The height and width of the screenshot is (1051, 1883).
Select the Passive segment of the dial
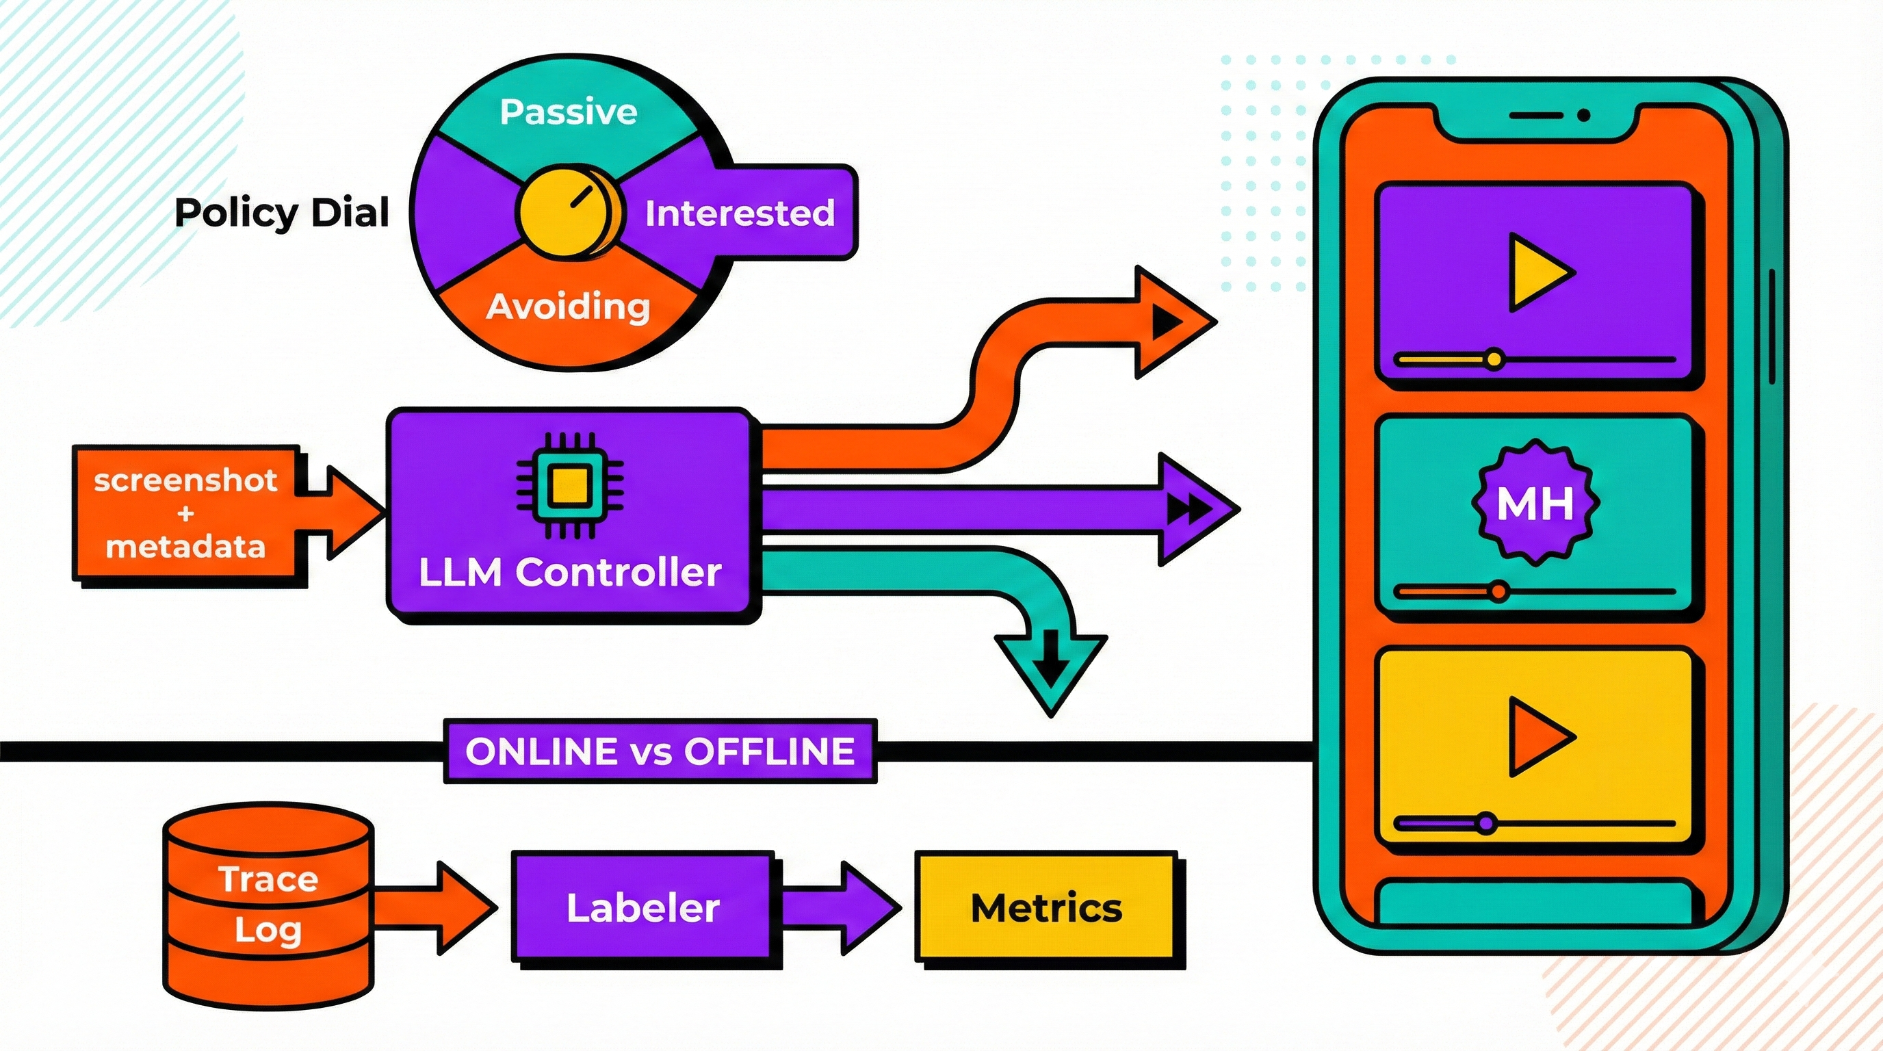tap(568, 112)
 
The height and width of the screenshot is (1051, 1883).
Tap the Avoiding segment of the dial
tap(568, 307)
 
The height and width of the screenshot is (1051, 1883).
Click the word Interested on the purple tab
tap(739, 213)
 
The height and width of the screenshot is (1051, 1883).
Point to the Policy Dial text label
tap(281, 213)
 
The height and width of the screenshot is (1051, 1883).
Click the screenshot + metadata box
tap(185, 513)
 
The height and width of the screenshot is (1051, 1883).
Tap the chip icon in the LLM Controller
tap(569, 485)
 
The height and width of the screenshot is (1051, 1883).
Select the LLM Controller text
tap(569, 571)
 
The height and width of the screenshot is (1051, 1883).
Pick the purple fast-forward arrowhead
tap(1191, 508)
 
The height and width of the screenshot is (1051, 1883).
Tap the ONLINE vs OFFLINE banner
tap(660, 751)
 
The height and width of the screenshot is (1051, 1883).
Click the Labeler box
tap(642, 907)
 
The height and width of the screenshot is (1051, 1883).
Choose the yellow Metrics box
tap(1046, 908)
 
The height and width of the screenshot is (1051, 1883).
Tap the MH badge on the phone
tap(1535, 503)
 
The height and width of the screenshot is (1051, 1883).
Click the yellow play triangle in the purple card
tap(1537, 272)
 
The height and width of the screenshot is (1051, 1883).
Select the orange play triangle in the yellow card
tap(1537, 736)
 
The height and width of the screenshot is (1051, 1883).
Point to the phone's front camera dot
tap(1583, 116)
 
